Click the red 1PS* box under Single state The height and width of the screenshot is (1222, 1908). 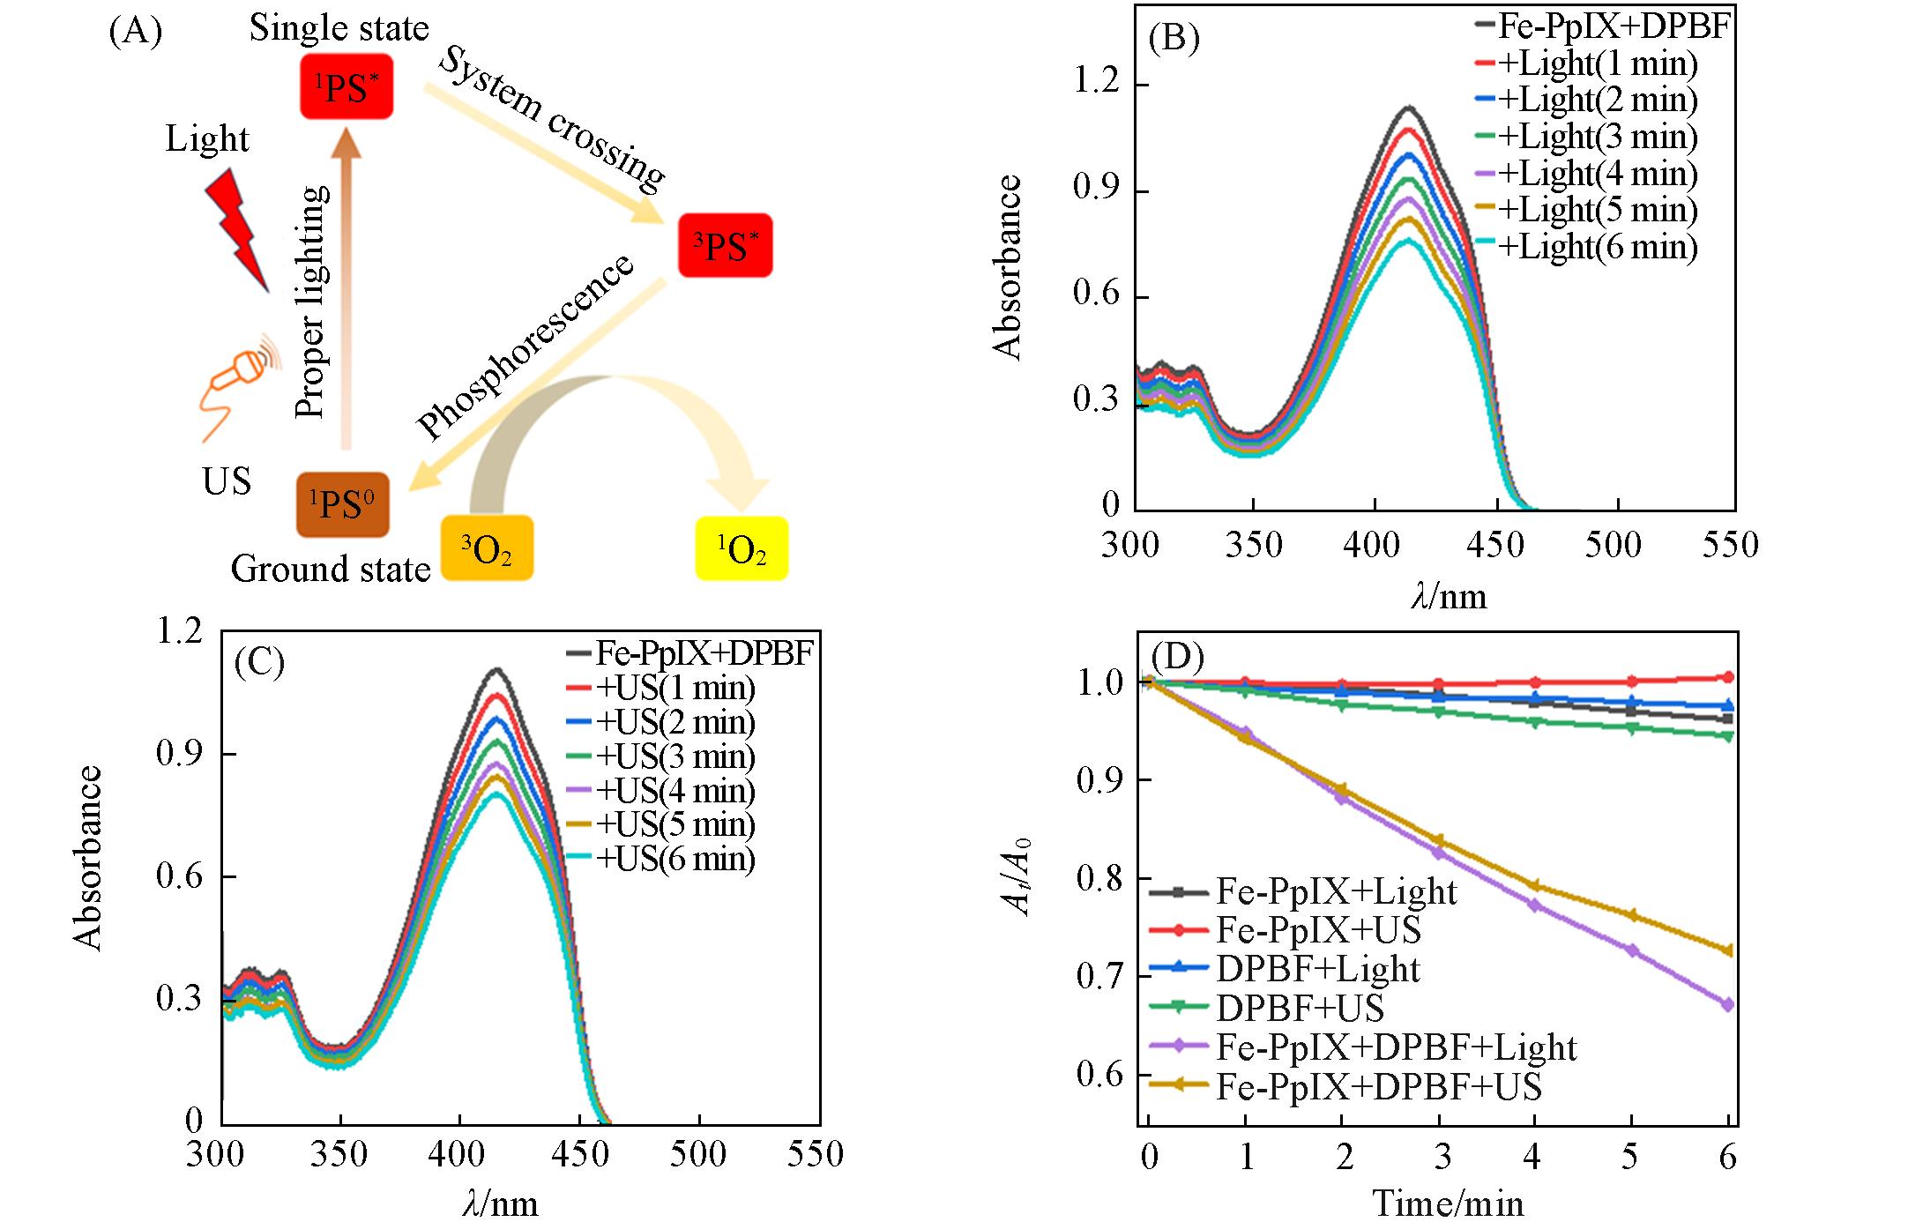pyautogui.click(x=346, y=86)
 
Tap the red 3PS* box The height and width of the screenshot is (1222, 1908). pyautogui.click(x=725, y=246)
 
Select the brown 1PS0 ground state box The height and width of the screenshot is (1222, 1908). pyautogui.click(x=342, y=504)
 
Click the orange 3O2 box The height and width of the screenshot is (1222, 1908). pyautogui.click(x=487, y=548)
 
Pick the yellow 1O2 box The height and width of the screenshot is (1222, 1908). pyautogui.click(x=741, y=548)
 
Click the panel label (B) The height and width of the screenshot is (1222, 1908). pyautogui.click(x=1174, y=39)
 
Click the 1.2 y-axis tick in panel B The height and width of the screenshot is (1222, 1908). pyautogui.click(x=1097, y=86)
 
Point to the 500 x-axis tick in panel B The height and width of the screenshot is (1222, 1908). pyautogui.click(x=1613, y=545)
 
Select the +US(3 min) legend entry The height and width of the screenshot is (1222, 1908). pyautogui.click(x=675, y=756)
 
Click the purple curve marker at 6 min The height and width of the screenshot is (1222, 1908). pyautogui.click(x=1727, y=1004)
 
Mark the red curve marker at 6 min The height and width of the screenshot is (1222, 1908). pyautogui.click(x=1727, y=677)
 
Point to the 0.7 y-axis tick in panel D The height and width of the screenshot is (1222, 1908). pyautogui.click(x=1101, y=977)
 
